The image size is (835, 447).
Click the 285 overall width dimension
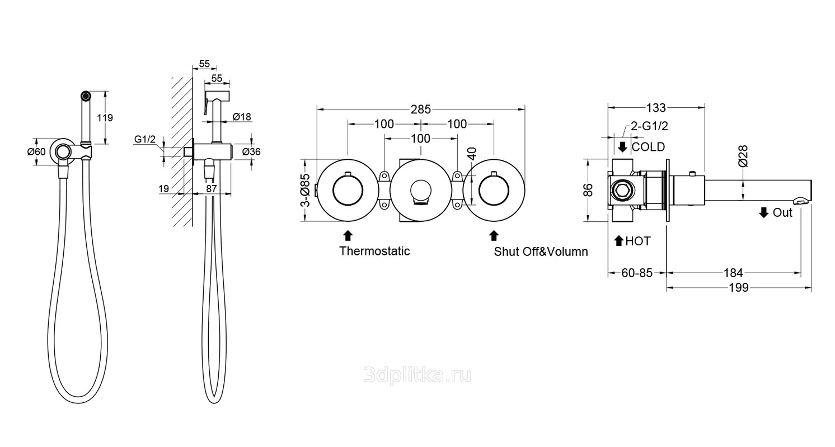(x=420, y=109)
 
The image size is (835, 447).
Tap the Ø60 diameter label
(x=36, y=152)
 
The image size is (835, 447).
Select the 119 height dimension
(x=105, y=117)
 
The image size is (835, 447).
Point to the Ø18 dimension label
(x=242, y=117)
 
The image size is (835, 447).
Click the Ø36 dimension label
(x=251, y=152)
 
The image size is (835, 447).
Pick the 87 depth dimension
(x=212, y=189)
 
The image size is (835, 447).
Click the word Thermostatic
(x=374, y=251)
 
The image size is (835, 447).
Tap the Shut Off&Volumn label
(x=541, y=251)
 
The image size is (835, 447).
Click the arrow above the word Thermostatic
(x=348, y=236)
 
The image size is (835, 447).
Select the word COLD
(x=648, y=146)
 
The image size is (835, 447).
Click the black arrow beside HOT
(x=619, y=241)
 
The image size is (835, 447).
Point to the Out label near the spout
(x=782, y=212)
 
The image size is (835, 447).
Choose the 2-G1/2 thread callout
(x=649, y=126)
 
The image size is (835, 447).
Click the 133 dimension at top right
(x=656, y=108)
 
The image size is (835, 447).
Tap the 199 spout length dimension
(x=738, y=288)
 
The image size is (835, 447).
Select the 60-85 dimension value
(x=637, y=273)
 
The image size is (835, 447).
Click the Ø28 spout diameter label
(x=743, y=156)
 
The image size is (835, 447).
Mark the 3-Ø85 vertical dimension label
(x=305, y=190)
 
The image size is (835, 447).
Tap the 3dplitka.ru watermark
(x=417, y=375)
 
